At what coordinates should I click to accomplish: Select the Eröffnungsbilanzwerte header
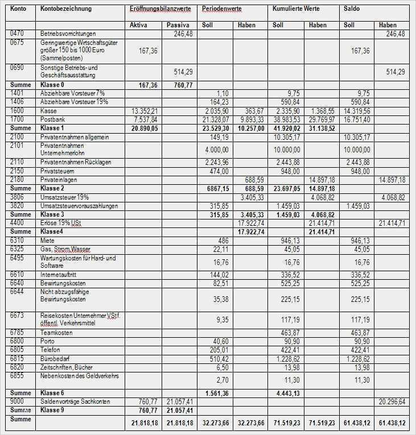(160, 10)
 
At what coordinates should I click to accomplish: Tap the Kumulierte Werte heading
(296, 9)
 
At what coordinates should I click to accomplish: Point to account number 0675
(18, 42)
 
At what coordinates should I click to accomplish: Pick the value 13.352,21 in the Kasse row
(145, 111)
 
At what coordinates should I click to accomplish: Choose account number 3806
(18, 197)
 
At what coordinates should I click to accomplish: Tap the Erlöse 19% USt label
(61, 223)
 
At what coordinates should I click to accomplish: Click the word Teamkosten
(57, 333)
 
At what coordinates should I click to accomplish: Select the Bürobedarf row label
(55, 359)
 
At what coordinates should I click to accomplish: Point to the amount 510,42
(218, 359)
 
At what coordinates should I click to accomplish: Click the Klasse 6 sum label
(53, 393)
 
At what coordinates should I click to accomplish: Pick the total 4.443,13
(287, 393)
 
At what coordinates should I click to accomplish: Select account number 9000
(18, 401)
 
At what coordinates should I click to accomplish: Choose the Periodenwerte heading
(219, 10)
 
